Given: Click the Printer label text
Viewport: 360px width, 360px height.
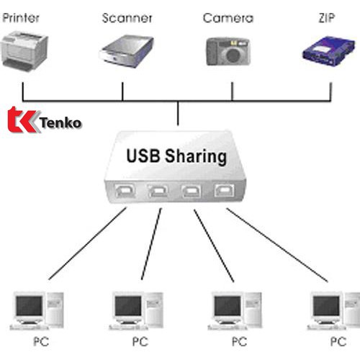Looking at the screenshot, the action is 21,18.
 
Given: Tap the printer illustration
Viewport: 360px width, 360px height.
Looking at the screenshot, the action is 24,51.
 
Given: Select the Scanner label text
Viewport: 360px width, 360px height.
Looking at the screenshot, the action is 127,18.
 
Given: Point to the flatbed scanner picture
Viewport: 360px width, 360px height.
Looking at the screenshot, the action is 127,51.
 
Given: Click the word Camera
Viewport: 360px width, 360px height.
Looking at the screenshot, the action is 228,18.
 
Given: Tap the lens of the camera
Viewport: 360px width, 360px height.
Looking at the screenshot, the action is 233,55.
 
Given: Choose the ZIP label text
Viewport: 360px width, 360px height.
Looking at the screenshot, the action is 327,18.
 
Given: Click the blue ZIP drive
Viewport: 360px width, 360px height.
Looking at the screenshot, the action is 329,51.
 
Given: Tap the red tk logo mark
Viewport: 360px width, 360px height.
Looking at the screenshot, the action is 22,120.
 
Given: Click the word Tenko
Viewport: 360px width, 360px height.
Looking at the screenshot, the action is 60,123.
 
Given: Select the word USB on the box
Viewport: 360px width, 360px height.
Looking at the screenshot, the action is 143,156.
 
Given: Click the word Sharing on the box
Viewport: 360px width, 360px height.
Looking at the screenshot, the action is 196,157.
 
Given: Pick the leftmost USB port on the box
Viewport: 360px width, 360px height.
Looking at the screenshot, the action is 125,191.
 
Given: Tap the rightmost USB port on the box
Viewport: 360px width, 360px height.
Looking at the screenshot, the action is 225,190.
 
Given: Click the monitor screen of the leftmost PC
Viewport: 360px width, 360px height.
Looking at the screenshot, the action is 29,306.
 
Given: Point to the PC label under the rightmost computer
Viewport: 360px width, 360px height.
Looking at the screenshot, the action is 338,341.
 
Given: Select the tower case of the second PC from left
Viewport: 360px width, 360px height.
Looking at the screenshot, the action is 154,310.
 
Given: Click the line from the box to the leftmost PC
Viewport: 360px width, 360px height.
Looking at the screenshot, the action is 87,243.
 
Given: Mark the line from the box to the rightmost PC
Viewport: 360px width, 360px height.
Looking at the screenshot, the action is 277,245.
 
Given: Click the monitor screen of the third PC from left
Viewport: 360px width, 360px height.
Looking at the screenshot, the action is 228,306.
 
